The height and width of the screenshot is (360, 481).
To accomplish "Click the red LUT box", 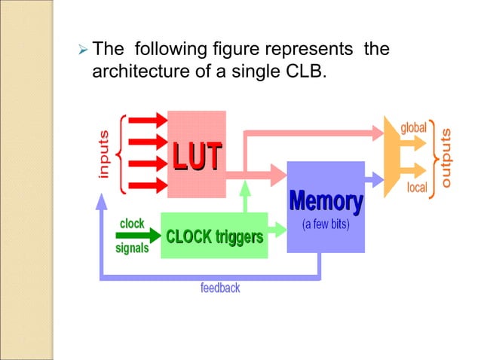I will (x=196, y=154).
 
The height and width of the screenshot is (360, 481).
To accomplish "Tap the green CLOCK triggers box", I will (x=214, y=236).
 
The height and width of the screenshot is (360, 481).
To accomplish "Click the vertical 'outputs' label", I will (x=447, y=157).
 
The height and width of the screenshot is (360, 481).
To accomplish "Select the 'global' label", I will (x=413, y=127).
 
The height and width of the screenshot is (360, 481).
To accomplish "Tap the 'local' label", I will (x=417, y=187).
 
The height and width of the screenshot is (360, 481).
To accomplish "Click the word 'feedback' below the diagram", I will (x=220, y=288).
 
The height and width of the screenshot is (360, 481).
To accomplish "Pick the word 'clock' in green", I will (x=132, y=224).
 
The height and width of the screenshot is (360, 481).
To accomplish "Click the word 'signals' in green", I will (x=132, y=248).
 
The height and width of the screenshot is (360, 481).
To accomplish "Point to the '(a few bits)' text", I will (x=326, y=225).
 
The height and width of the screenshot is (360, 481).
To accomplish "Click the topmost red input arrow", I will (x=149, y=120).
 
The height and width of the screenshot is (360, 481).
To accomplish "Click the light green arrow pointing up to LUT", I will (x=244, y=200).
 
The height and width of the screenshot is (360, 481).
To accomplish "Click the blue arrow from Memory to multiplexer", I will (x=374, y=179).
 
